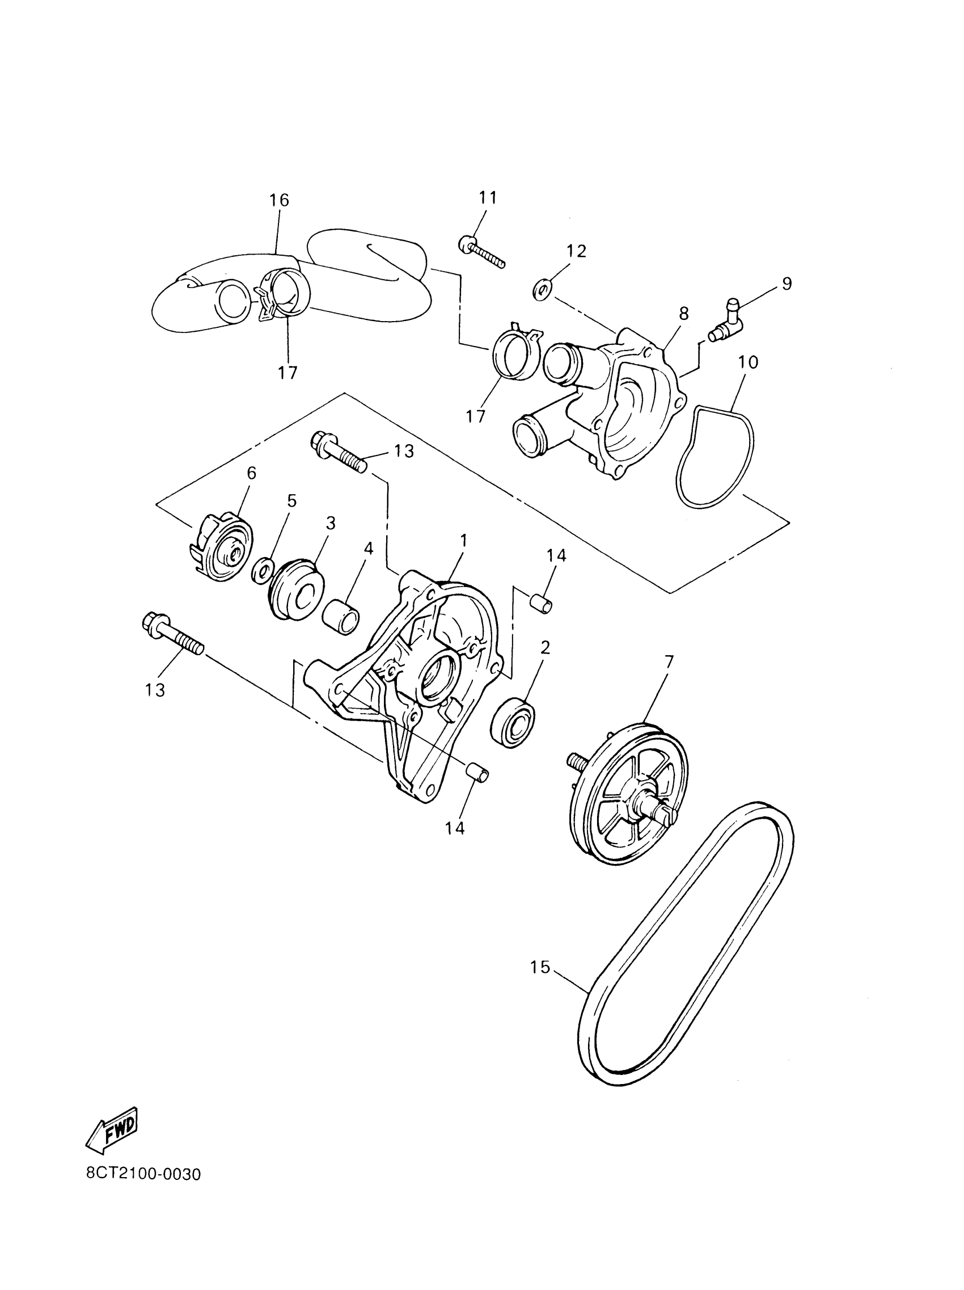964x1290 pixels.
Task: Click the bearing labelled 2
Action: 513,721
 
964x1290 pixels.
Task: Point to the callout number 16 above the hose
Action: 279,200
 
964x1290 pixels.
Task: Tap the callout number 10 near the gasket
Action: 748,362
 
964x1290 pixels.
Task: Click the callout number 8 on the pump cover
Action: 684,314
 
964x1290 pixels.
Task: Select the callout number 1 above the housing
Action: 464,541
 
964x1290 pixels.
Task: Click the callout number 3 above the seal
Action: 331,523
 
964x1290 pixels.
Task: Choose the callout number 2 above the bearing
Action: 545,647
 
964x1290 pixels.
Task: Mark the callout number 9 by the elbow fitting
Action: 787,284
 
